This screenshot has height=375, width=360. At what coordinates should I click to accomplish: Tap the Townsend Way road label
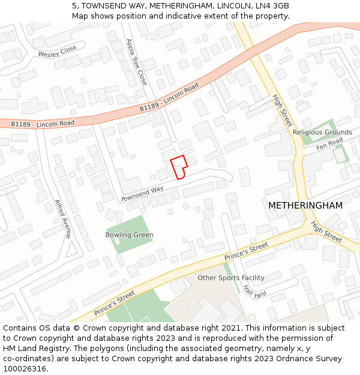coord(142,194)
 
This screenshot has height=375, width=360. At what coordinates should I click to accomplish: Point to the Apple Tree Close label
coord(136,62)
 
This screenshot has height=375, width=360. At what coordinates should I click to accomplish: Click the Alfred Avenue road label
coord(63,219)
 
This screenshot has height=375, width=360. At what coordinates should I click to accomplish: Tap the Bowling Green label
coord(129,235)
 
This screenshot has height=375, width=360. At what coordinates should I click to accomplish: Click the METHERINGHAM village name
coord(305,205)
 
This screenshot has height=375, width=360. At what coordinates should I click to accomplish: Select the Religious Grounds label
coord(322,132)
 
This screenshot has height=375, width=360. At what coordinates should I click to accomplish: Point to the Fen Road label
coord(329,144)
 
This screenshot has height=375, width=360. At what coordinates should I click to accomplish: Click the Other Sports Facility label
coord(231,278)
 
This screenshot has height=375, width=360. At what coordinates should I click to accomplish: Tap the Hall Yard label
coord(254,292)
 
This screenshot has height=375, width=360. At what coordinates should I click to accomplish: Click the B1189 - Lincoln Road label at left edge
coord(43,124)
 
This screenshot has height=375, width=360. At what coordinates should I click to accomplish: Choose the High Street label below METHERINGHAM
coord(326,232)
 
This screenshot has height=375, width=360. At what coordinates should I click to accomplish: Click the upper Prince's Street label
coord(246,252)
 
